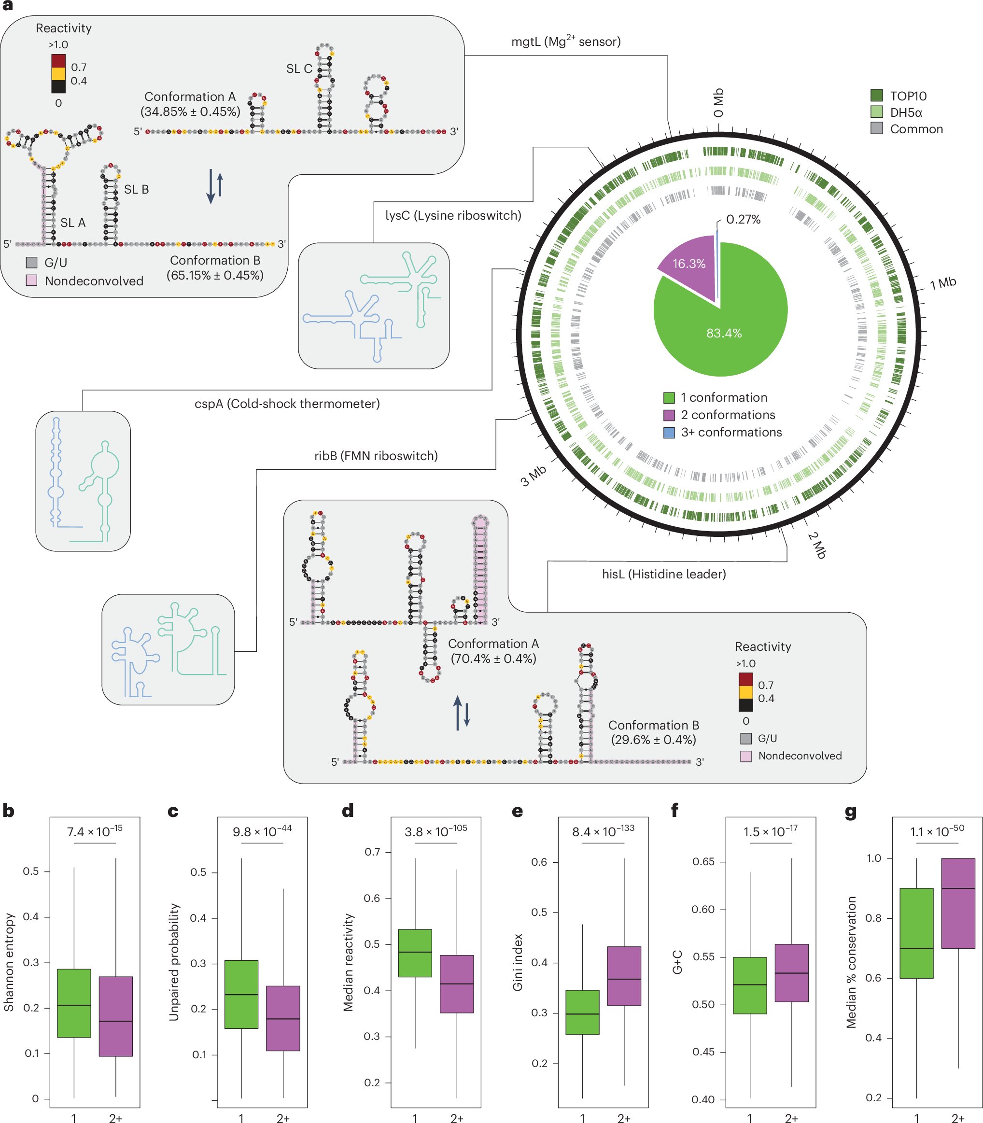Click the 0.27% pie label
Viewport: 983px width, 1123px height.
[x=743, y=220]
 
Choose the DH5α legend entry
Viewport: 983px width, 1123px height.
[x=905, y=112]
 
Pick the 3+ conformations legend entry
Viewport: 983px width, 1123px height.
[x=730, y=432]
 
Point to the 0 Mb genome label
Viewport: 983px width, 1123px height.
[x=718, y=103]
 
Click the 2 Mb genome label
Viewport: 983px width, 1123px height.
[x=816, y=545]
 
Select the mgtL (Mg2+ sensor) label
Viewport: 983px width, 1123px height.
[x=565, y=42]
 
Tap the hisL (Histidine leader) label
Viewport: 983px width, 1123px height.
[x=664, y=574]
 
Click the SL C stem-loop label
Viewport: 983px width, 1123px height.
[x=299, y=69]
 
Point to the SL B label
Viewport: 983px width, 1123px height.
[x=136, y=189]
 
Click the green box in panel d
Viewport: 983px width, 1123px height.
[x=415, y=953]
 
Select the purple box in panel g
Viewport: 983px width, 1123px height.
[x=958, y=903]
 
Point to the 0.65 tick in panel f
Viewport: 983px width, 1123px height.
[x=703, y=861]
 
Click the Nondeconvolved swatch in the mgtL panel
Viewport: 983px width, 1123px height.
[x=32, y=281]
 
